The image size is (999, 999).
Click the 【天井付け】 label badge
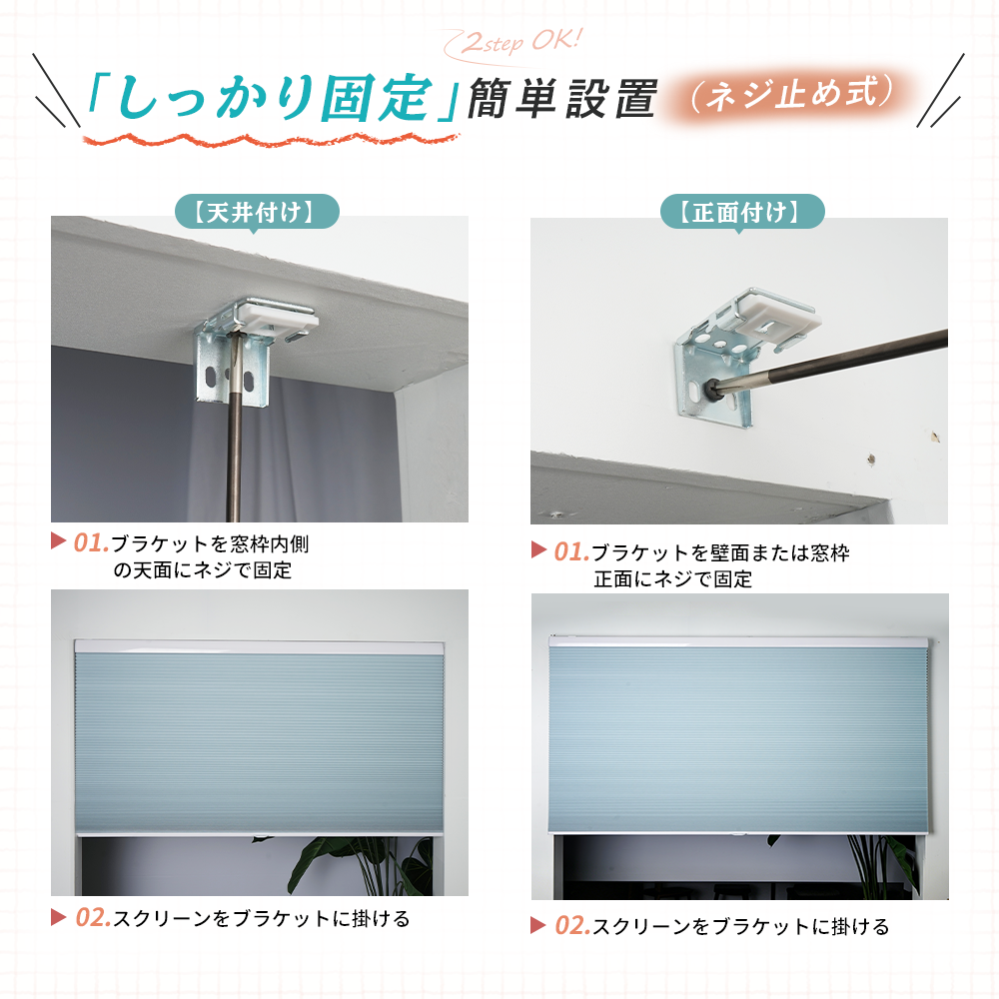point(257,212)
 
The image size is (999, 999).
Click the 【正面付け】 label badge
point(742,212)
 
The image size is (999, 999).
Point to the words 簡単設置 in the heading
point(561,99)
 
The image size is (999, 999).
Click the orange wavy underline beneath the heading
point(271,140)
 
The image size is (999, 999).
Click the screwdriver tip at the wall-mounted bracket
point(713,388)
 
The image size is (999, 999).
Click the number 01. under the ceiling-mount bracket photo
point(91,543)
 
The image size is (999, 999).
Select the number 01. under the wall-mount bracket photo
point(571,551)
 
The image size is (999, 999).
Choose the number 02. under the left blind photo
point(93,918)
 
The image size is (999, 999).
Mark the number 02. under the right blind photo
point(572,926)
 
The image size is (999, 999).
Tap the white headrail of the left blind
point(259,647)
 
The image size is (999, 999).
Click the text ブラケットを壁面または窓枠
point(720,552)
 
